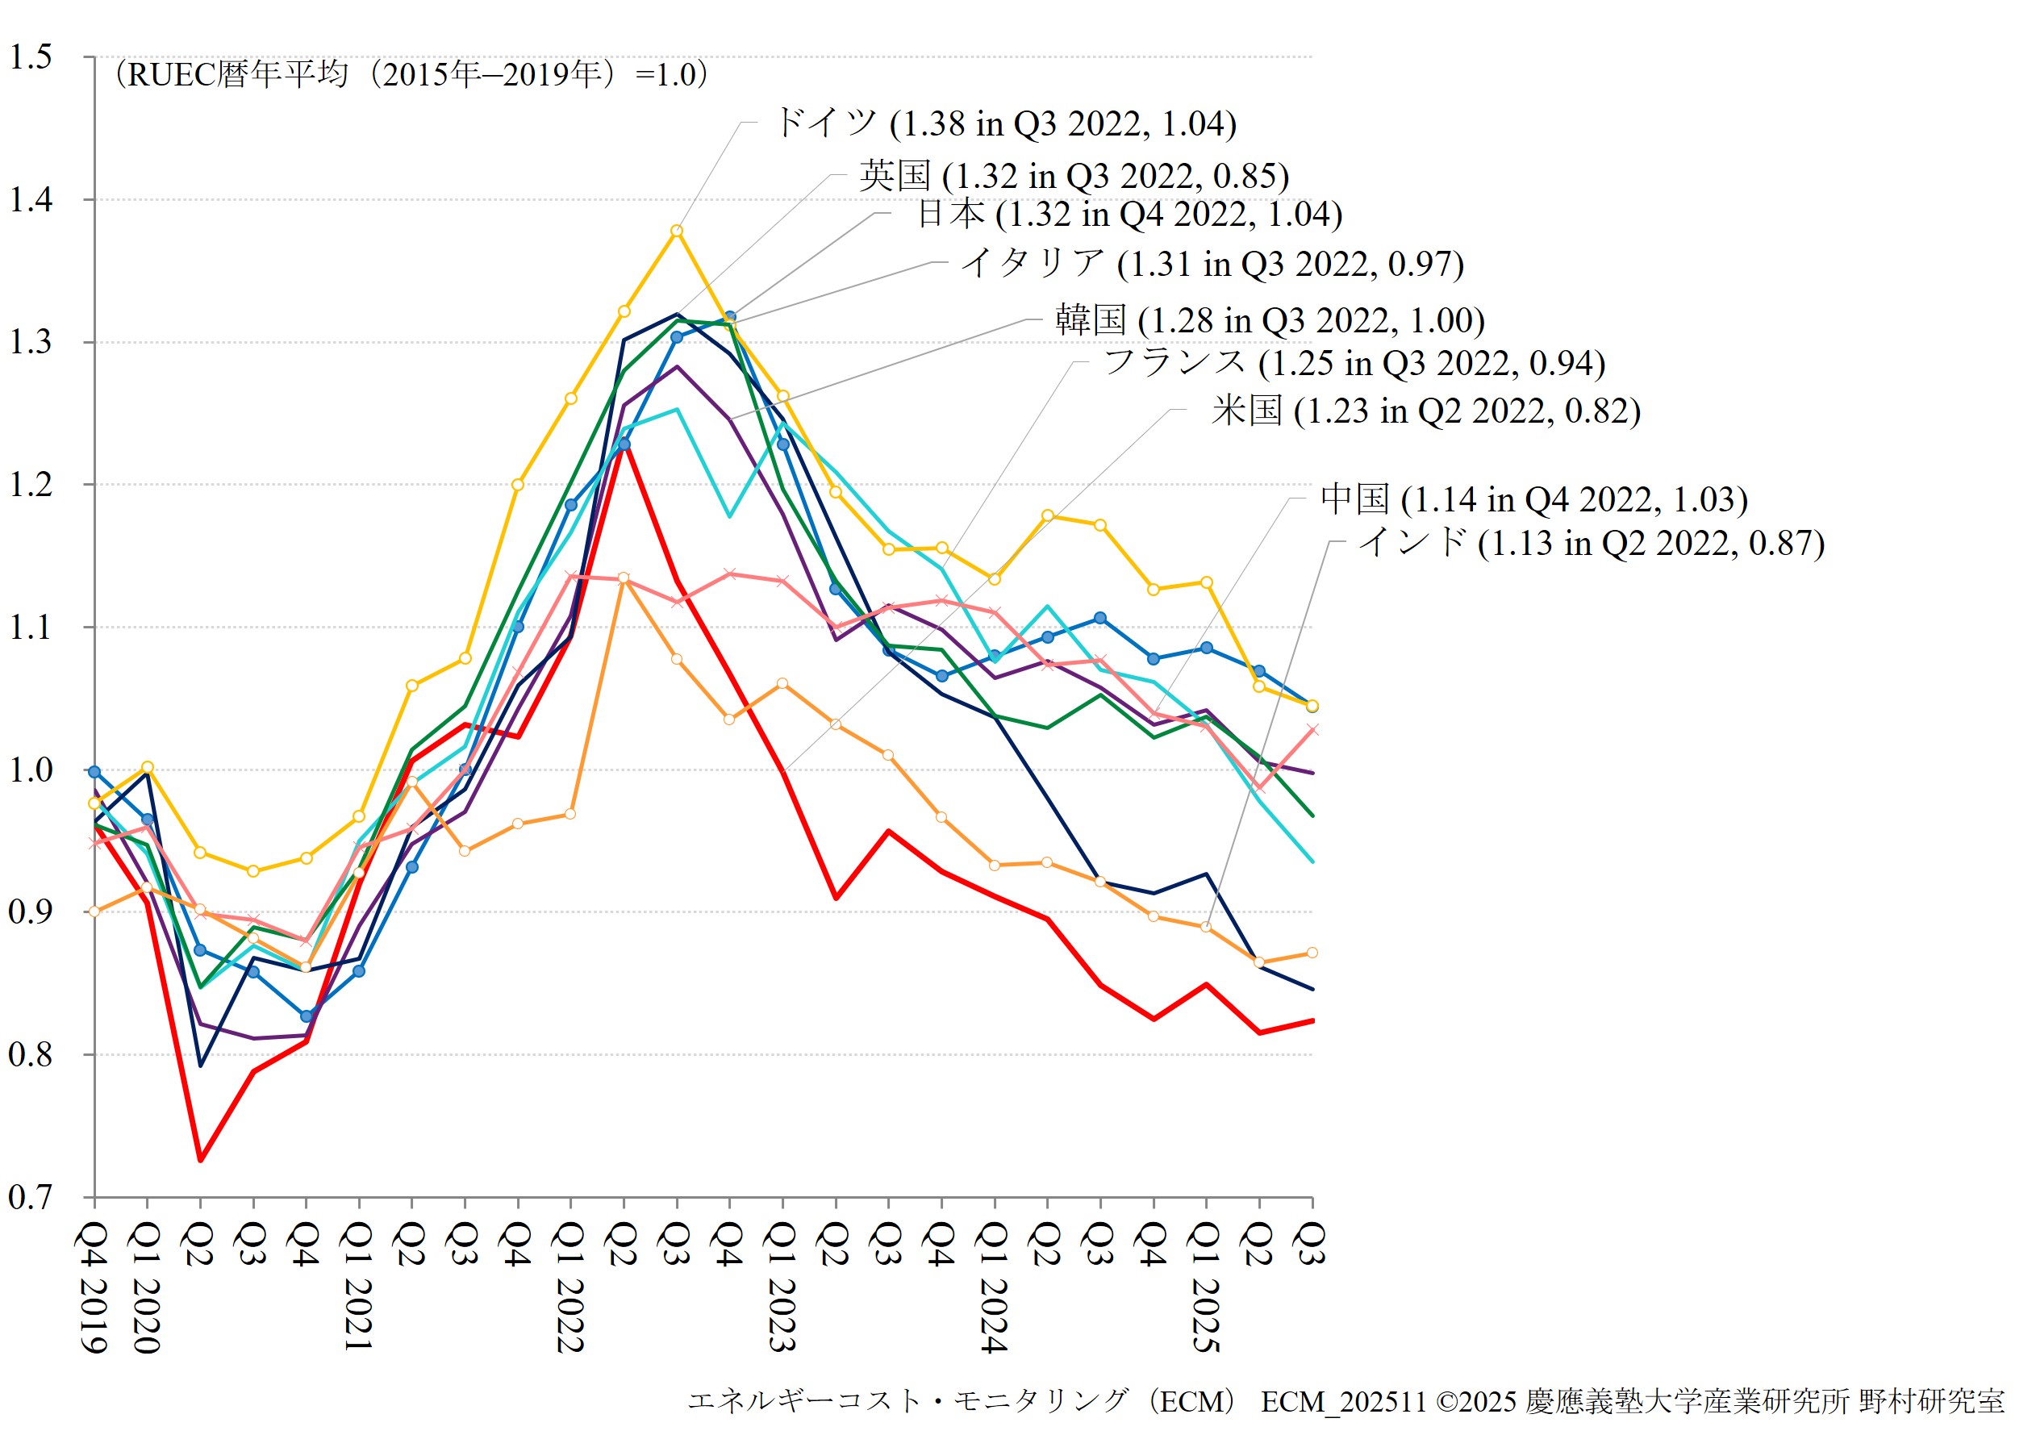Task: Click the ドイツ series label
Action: pos(1006,123)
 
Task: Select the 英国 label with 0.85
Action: pos(1074,176)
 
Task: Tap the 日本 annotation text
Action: pos(1129,214)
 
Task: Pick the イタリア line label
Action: pos(1212,264)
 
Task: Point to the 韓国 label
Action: pos(1270,320)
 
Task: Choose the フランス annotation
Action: pos(1354,363)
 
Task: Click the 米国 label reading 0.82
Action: pos(1426,411)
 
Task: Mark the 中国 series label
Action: pos(1534,499)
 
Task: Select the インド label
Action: pos(1592,543)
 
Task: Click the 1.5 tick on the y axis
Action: pos(31,57)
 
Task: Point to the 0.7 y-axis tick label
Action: pos(31,1198)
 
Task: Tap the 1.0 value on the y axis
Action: pos(31,770)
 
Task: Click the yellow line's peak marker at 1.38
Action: pos(677,231)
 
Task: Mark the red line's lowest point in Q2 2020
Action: pos(200,1160)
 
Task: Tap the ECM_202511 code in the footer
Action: pos(1343,1402)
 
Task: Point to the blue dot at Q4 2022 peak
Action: pos(730,317)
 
